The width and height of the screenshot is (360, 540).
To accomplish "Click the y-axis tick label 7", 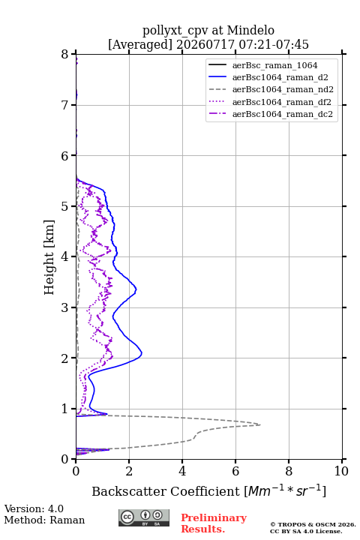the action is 64,105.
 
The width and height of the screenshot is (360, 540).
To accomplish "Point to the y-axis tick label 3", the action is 64,307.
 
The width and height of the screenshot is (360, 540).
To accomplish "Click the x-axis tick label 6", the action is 235,471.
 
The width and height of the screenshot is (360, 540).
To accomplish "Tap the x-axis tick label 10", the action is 341,471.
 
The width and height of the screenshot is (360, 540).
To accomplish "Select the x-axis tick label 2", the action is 129,471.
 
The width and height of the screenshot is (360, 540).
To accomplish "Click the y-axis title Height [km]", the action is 49,257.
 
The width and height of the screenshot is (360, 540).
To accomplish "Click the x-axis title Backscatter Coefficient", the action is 166,491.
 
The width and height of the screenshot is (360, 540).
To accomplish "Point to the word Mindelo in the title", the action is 250,31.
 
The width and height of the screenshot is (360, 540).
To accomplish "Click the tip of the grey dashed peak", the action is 260,424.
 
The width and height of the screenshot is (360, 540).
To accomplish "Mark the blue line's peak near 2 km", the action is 142,353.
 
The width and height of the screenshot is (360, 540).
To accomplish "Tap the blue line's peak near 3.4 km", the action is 136,289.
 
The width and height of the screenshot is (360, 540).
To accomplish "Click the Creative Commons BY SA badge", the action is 144,517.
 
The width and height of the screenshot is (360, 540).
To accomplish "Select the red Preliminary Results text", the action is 214,523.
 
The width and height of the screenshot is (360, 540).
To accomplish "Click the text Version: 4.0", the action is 34,508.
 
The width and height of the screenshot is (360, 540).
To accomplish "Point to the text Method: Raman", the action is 44,520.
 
